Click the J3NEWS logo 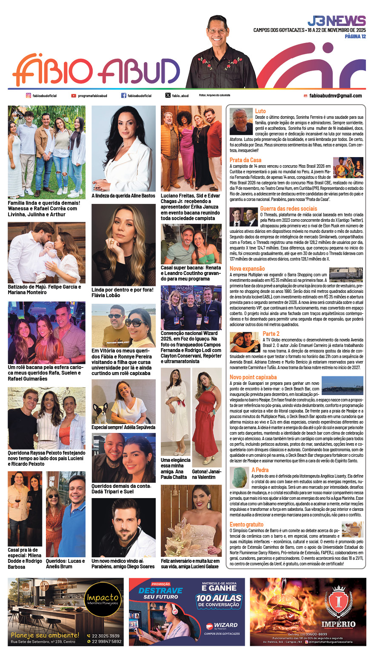click(x=336, y=21)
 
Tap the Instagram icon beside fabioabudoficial click(x=29, y=96)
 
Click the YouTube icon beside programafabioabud click(x=74, y=96)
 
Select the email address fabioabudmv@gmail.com click(x=335, y=96)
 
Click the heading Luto click(x=260, y=111)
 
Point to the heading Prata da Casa click(x=246, y=160)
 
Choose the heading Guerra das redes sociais click(x=288, y=209)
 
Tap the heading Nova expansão click(x=247, y=269)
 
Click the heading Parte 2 click(x=271, y=334)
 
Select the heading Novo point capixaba click(x=253, y=377)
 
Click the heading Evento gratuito click(x=246, y=524)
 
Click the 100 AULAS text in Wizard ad click(x=218, y=598)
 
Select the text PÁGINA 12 click(x=355, y=37)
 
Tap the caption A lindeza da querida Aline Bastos click(x=123, y=196)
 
